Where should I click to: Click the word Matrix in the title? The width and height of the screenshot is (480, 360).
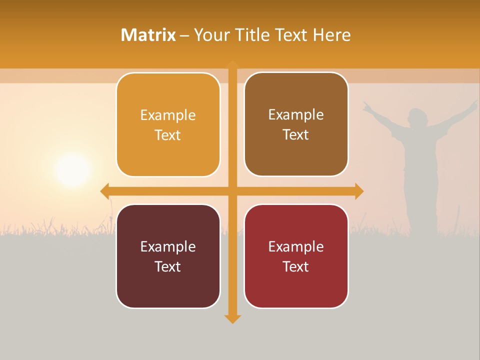pyautogui.click(x=148, y=35)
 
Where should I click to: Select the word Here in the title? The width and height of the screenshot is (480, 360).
pyautogui.click(x=331, y=35)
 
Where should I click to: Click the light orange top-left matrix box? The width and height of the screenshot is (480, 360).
pyautogui.click(x=168, y=125)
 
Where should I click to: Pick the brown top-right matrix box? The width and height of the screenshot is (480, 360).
pyautogui.click(x=296, y=124)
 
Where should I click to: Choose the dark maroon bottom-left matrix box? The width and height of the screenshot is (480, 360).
pyautogui.click(x=168, y=256)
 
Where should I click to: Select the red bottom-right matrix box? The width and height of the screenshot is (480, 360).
pyautogui.click(x=296, y=256)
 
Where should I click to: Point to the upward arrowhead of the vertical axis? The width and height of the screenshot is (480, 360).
pyautogui.click(x=232, y=64)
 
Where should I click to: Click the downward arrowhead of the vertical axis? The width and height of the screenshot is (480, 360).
pyautogui.click(x=232, y=318)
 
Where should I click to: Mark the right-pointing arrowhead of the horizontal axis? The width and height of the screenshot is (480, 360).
pyautogui.click(x=359, y=191)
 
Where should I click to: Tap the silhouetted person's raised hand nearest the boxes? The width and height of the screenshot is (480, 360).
pyautogui.click(x=367, y=105)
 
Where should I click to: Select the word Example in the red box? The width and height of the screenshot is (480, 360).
pyautogui.click(x=296, y=246)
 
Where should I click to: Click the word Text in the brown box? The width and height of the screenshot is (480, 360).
pyautogui.click(x=296, y=135)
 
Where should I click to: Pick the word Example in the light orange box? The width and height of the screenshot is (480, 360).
pyautogui.click(x=168, y=115)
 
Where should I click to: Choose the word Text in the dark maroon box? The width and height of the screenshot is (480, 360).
pyautogui.click(x=168, y=266)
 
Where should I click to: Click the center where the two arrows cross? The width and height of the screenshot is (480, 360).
pyautogui.click(x=232, y=191)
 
